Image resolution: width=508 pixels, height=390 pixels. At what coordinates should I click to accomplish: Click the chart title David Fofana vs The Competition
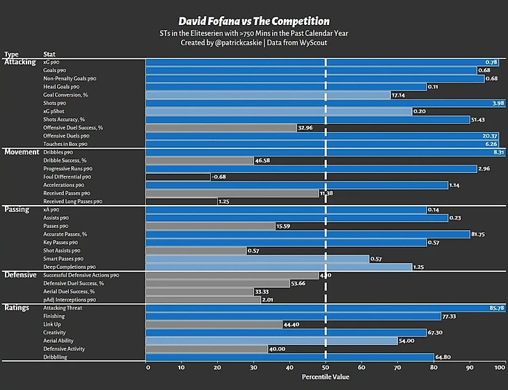tap(254, 21)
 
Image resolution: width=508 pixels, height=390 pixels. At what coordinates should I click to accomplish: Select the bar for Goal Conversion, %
tap(268, 95)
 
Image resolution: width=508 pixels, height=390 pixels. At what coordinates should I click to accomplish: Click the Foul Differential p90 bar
tap(177, 177)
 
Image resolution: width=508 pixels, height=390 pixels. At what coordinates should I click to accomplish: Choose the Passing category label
tap(17, 209)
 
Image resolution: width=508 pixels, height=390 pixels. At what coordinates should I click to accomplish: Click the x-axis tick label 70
tap(397, 367)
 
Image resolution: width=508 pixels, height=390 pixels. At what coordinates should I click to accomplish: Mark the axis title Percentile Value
tap(325, 377)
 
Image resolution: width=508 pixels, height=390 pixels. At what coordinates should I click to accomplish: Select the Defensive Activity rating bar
tap(207, 349)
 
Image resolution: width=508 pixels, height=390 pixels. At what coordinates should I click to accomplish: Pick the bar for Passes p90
tap(210, 226)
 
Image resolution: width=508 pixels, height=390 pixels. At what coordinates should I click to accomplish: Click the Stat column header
tap(50, 54)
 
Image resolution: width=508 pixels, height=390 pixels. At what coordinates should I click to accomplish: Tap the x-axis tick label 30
tap(253, 367)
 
